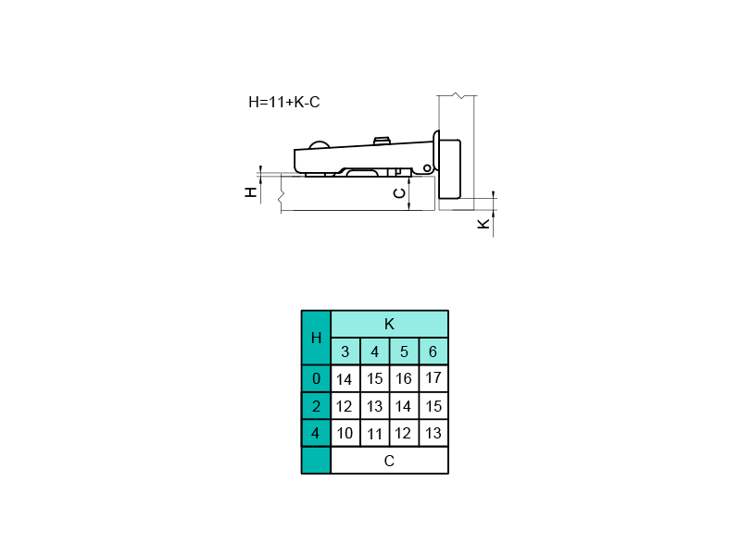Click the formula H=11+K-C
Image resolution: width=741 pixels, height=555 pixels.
tap(284, 102)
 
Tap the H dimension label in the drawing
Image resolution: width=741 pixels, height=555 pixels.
tap(251, 191)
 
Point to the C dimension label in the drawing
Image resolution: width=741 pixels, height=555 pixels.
tap(400, 193)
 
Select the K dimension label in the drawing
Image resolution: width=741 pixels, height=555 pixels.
tap(484, 224)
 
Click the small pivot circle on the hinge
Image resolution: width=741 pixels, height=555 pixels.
tap(427, 168)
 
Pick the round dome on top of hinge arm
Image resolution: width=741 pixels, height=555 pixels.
tap(319, 144)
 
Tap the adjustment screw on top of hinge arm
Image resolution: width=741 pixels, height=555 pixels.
tap(382, 141)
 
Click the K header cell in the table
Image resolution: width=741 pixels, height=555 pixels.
tap(389, 324)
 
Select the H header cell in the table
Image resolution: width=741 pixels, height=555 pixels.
tap(316, 338)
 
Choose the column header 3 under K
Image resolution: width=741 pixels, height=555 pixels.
tap(345, 351)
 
